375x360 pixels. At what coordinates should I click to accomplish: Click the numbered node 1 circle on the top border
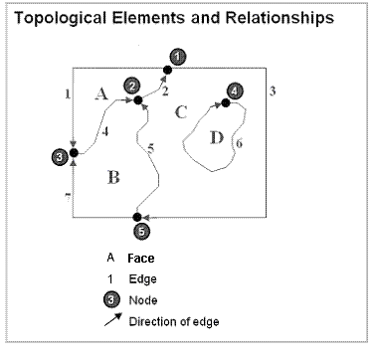pos(177,57)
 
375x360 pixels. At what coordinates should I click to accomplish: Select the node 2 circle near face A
pos(131,88)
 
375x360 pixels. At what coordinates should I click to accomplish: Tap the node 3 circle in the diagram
pos(61,156)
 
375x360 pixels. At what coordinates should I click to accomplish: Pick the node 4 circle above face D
pos(234,91)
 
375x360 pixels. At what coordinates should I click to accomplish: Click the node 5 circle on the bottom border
pos(140,231)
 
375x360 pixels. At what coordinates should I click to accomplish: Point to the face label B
pos(113,178)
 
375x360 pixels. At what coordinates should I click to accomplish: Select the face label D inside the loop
pos(217,136)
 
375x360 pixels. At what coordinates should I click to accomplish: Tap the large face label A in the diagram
pos(99,94)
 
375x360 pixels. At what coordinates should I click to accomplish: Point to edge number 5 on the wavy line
pos(150,148)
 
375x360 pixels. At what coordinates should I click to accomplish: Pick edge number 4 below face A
pos(105,131)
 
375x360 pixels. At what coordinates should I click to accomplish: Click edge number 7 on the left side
pos(68,199)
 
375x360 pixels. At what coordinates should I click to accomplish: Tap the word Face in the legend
pos(140,259)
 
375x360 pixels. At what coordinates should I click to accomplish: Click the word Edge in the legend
pos(140,278)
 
